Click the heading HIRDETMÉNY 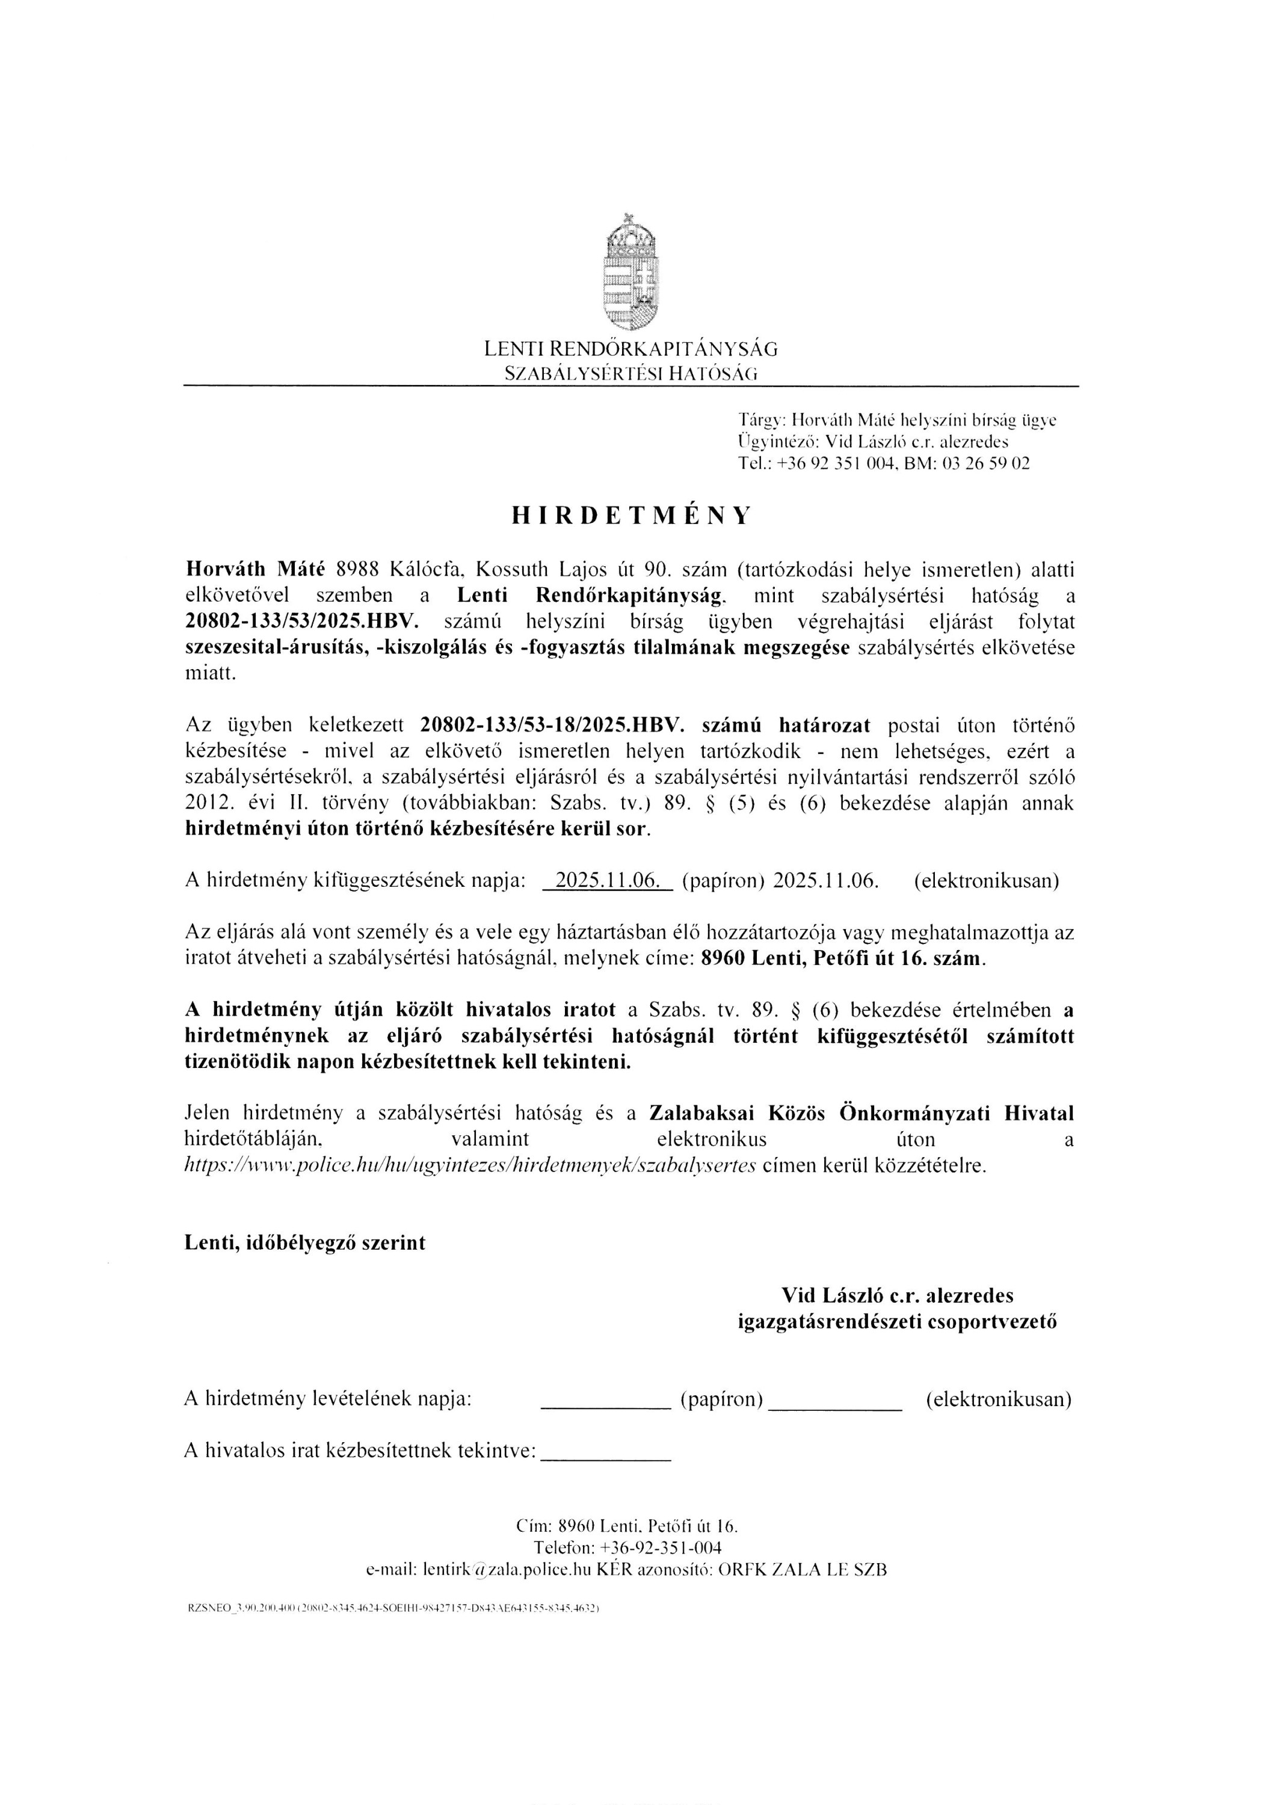point(631,516)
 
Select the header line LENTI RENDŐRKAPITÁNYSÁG point(630,348)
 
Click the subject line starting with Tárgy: point(897,420)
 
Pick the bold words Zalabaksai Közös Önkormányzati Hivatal point(861,1113)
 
